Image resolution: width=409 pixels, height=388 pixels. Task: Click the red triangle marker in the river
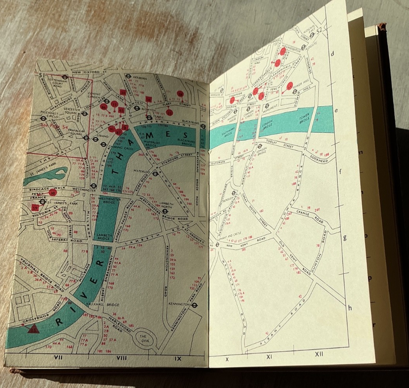tap(33, 328)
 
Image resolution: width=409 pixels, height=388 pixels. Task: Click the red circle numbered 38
tap(52, 193)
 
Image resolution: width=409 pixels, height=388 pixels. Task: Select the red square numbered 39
tap(35, 208)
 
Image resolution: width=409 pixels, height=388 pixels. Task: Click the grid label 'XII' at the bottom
tap(319, 354)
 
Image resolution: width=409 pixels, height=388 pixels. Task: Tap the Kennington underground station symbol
tap(194, 305)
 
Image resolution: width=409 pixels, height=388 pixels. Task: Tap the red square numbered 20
tap(123, 92)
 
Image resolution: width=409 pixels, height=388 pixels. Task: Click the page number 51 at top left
tap(41, 75)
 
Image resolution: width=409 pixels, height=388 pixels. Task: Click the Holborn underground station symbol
tap(129, 78)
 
